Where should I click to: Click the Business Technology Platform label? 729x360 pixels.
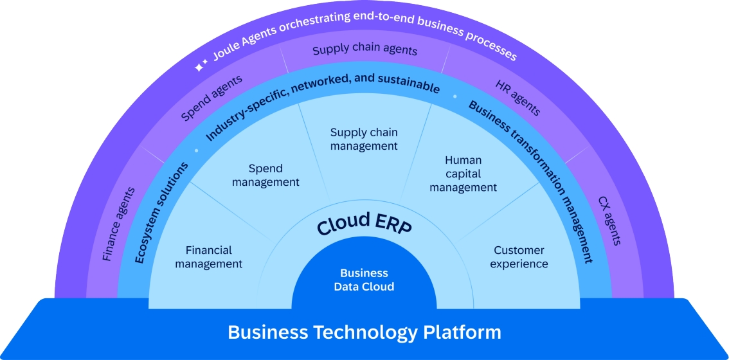pyautogui.click(x=364, y=332)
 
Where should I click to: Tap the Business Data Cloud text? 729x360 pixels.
pyautogui.click(x=364, y=280)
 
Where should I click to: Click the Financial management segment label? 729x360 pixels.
pyautogui.click(x=208, y=256)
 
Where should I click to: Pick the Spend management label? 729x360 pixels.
pyautogui.click(x=265, y=175)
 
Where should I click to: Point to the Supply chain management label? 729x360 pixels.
pyautogui.click(x=364, y=139)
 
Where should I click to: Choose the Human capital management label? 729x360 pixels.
pyautogui.click(x=463, y=174)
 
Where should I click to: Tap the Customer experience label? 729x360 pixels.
pyautogui.click(x=519, y=256)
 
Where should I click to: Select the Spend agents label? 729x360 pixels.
pyautogui.click(x=212, y=98)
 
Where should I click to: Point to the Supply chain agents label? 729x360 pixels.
pyautogui.click(x=364, y=50)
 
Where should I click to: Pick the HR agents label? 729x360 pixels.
pyautogui.click(x=517, y=98)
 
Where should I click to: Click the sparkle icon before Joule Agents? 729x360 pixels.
pyautogui.click(x=201, y=66)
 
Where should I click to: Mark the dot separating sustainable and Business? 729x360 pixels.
pyautogui.click(x=455, y=96)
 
